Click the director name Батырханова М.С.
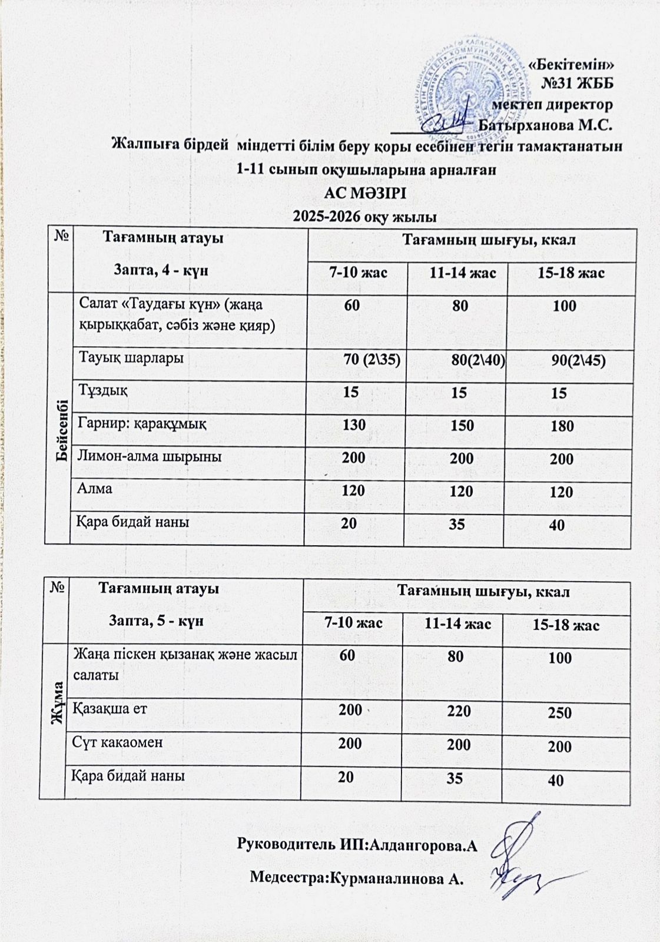(x=546, y=125)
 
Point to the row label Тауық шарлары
(x=131, y=357)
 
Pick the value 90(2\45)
(x=578, y=361)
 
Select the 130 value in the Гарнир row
(x=353, y=424)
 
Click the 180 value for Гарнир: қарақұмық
(x=562, y=426)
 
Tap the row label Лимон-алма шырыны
(x=150, y=456)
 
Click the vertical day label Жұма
(x=58, y=698)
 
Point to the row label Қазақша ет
(x=109, y=708)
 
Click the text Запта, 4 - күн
(x=161, y=270)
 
